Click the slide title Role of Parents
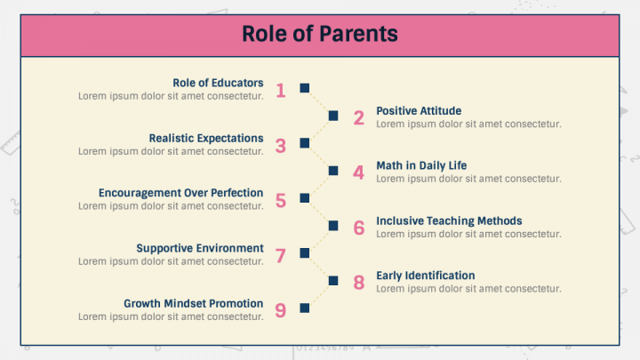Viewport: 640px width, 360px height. (x=320, y=34)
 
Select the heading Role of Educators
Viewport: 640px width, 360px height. (x=218, y=83)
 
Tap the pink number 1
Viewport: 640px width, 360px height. (x=280, y=91)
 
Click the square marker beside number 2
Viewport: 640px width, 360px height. (x=333, y=116)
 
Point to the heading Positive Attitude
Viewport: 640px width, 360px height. (x=419, y=110)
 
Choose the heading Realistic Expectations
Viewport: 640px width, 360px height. (x=206, y=139)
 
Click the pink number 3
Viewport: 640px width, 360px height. (x=280, y=146)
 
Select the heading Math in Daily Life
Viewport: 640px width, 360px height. (x=421, y=165)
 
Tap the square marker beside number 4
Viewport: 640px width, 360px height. (x=333, y=171)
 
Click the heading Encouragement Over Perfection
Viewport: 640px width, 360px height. (x=180, y=193)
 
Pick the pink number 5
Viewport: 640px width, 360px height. (x=280, y=201)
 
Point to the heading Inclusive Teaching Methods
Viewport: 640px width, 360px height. (x=449, y=220)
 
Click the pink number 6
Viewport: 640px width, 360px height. (x=359, y=228)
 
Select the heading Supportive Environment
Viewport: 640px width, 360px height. (x=200, y=248)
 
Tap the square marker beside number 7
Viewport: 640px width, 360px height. (x=305, y=253)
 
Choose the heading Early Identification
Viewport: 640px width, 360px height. (x=425, y=276)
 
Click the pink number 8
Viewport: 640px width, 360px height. (x=359, y=283)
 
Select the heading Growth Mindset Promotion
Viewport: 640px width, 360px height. (x=194, y=304)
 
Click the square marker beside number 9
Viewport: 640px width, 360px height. (x=305, y=308)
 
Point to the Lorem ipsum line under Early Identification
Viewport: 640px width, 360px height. (x=468, y=289)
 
